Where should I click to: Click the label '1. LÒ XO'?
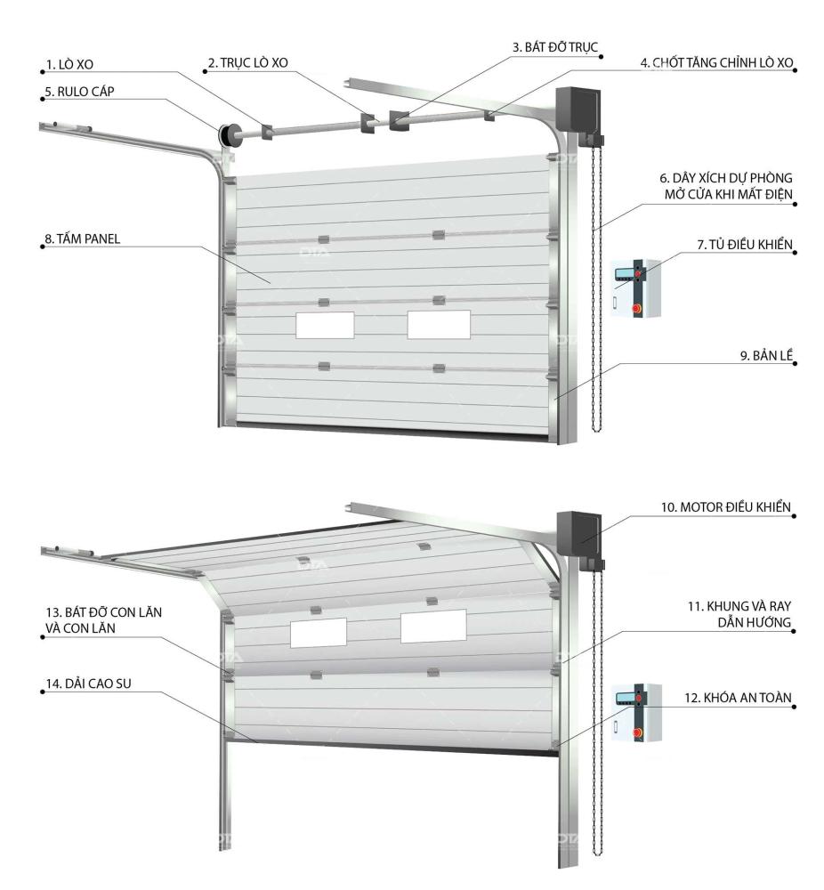pyautogui.click(x=72, y=64)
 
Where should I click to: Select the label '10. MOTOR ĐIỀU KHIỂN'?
pyautogui.click(x=728, y=506)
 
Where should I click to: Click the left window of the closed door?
pyautogui.click(x=324, y=325)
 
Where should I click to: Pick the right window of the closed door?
pyautogui.click(x=440, y=325)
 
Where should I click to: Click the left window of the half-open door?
pyautogui.click(x=317, y=632)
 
